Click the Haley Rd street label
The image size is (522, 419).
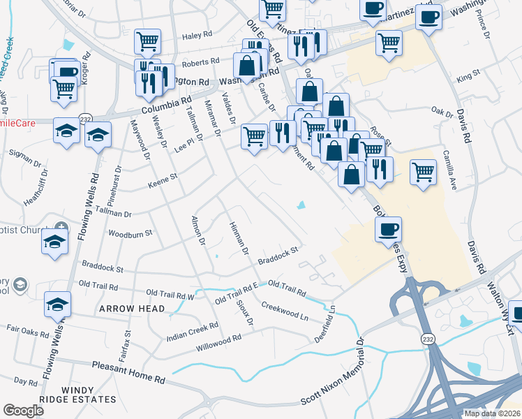[197, 35]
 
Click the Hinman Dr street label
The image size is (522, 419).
[239, 237]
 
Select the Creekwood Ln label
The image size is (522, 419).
[285, 311]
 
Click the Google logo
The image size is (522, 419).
[23, 411]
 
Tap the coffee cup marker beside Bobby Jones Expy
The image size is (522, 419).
[388, 229]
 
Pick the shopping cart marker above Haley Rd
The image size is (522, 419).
[148, 41]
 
